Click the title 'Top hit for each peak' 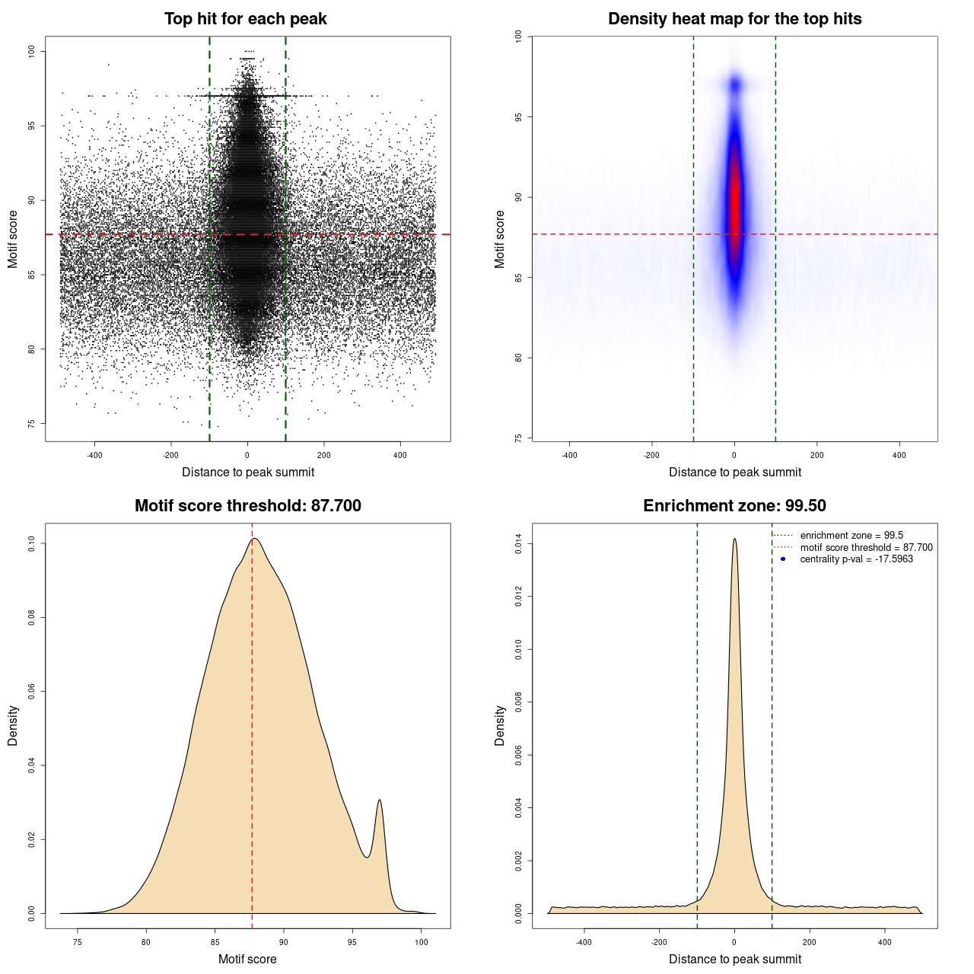coord(245,19)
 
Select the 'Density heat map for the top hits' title coord(734,19)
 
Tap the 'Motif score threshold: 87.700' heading coord(247,506)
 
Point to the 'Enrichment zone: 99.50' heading coord(734,506)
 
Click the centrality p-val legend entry coord(856,559)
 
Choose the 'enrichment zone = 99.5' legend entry coord(851,536)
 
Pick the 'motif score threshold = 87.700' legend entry coord(866,548)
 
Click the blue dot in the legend coord(783,559)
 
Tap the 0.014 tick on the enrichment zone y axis coord(519,544)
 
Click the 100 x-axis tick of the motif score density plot coord(422,942)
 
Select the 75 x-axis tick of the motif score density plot coord(78,942)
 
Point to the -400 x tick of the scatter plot coord(94,455)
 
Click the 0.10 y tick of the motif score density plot coord(32,543)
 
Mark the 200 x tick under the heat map coord(816,455)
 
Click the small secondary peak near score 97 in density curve coord(379,801)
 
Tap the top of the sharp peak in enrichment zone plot coord(734,540)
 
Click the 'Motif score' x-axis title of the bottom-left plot coord(247,959)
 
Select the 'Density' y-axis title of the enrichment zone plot coord(500,725)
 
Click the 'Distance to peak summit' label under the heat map coord(734,472)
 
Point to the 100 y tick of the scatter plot coord(32,51)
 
